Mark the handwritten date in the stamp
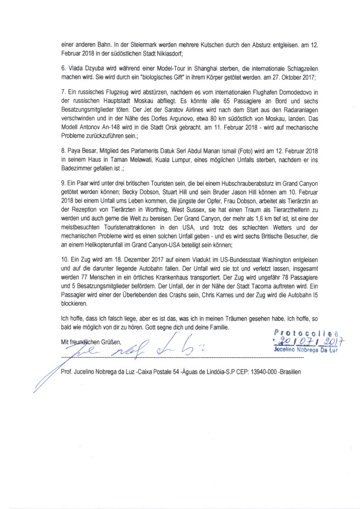pos(309,342)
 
